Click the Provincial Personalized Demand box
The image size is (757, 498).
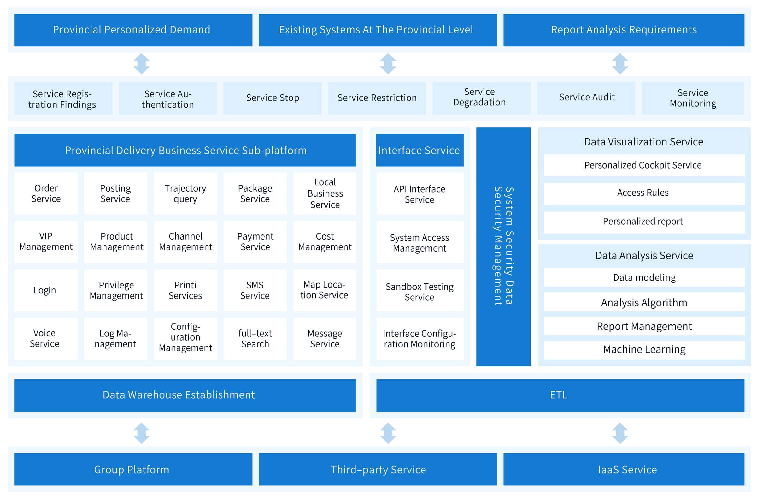[133, 30]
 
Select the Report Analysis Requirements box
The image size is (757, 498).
[624, 30]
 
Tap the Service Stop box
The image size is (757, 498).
[272, 98]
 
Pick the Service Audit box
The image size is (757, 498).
[586, 98]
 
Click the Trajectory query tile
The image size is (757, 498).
[185, 193]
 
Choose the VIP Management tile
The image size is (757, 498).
[46, 242]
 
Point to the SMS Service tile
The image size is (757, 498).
[255, 290]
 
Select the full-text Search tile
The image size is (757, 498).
[255, 339]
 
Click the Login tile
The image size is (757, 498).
[46, 290]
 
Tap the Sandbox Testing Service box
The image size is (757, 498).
[420, 290]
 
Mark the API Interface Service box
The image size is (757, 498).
[420, 193]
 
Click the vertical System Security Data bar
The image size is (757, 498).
[503, 247]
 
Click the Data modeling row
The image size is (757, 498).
[644, 277]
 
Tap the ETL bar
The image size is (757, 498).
[560, 395]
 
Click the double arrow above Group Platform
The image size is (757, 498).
[142, 433]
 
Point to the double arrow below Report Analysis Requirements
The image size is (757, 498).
[620, 64]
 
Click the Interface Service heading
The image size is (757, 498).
[420, 150]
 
